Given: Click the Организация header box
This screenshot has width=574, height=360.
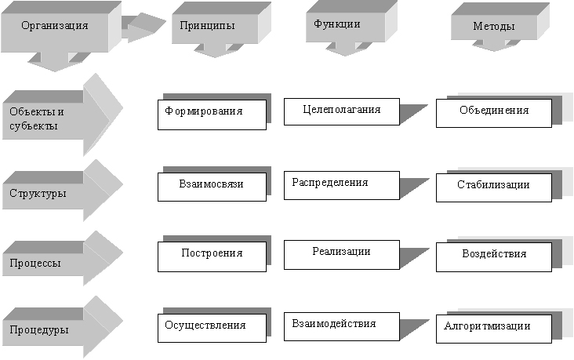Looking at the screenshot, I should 54,27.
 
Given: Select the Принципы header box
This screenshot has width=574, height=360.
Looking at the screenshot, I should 206,27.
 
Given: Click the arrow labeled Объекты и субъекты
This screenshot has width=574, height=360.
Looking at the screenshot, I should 47,118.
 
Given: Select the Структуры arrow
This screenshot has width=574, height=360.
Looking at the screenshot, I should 47,193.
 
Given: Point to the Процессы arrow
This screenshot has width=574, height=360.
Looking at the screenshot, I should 47,262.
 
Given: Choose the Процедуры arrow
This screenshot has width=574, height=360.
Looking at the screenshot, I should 47,329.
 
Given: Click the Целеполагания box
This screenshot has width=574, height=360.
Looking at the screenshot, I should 341,111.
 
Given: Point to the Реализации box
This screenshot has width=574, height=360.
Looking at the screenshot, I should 341,253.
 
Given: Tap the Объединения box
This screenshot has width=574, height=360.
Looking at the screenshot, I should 493,111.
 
